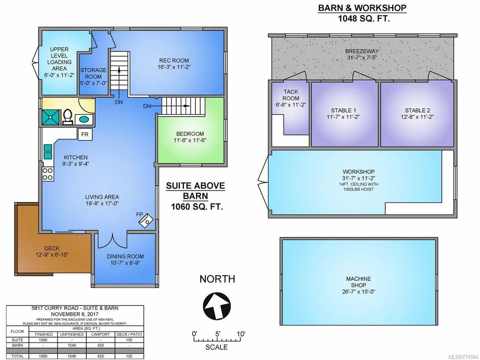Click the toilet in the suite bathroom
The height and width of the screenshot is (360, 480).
coord(67,116)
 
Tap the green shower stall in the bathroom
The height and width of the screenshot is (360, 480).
coord(51,116)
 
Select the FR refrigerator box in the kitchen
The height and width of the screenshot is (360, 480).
coord(85,134)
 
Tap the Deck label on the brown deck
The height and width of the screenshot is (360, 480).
coord(52,248)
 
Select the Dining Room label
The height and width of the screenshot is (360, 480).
coord(125,256)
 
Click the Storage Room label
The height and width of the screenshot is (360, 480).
coord(93,73)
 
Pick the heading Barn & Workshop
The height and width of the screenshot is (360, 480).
coord(362,7)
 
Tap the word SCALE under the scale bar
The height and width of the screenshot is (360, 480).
coord(217,347)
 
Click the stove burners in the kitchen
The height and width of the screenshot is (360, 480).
coord(48,174)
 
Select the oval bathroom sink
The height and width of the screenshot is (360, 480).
coord(84,119)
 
